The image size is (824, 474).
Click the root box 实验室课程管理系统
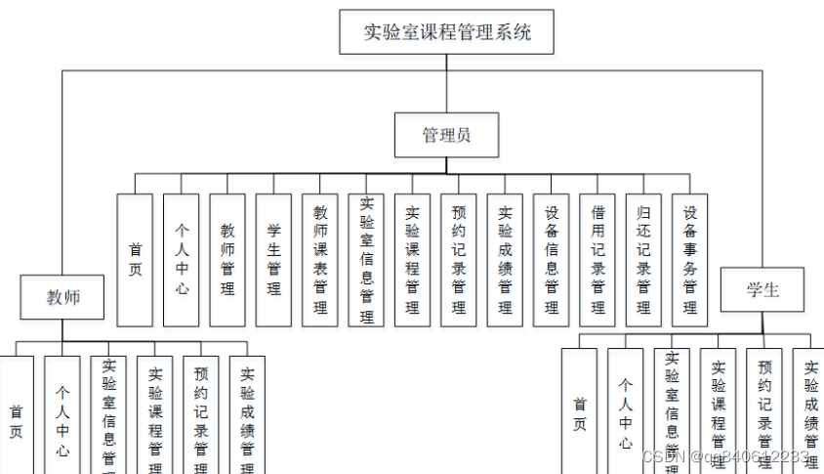click(447, 32)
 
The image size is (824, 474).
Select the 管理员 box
click(446, 135)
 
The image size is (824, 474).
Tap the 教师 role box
click(63, 297)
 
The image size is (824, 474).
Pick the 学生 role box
click(762, 290)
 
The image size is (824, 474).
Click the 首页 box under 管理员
click(135, 260)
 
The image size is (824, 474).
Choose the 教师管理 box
click(227, 260)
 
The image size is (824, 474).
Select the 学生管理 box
click(273, 260)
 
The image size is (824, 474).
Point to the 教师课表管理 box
click(320, 260)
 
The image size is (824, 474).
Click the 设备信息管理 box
click(552, 260)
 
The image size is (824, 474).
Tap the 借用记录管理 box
click(597, 260)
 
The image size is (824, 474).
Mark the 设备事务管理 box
click(690, 260)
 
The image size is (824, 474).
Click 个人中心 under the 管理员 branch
click(182, 260)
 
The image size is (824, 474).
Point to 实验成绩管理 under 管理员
click(505, 260)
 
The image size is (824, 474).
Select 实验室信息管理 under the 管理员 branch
click(366, 260)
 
